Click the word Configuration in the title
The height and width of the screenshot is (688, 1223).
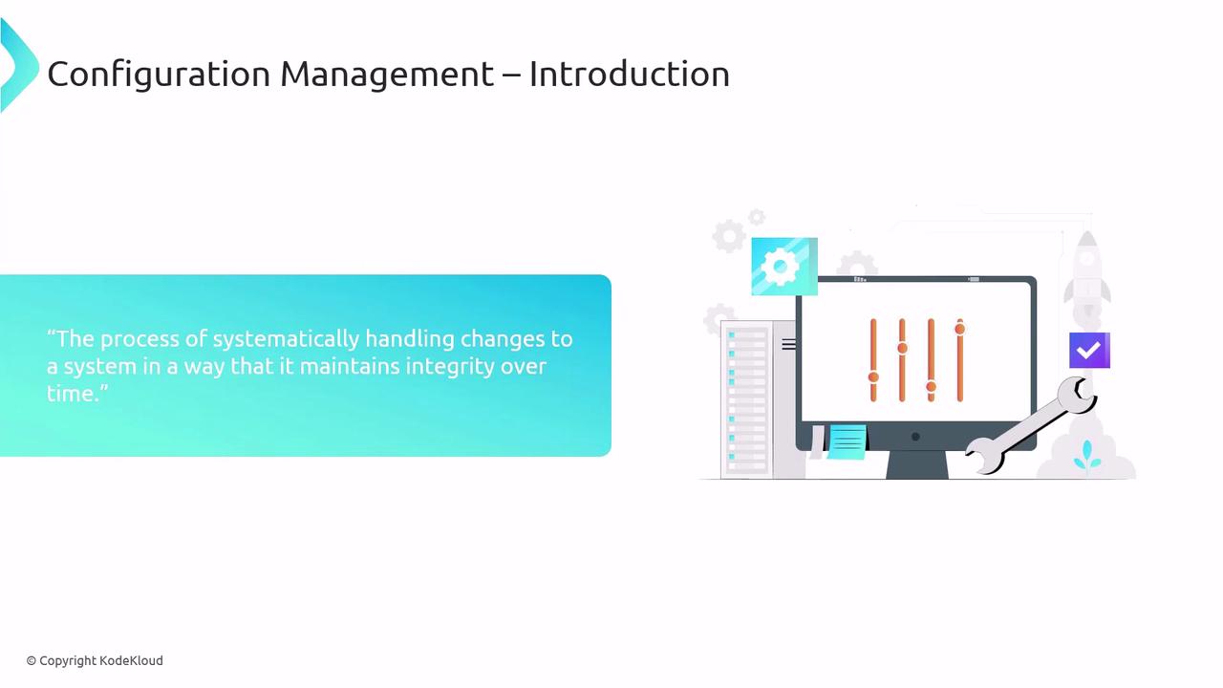point(159,75)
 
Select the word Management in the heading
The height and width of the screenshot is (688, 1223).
point(387,75)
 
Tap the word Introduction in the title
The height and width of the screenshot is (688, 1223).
point(629,74)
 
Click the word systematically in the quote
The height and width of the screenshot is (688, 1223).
point(286,339)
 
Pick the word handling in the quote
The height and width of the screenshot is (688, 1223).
point(410,339)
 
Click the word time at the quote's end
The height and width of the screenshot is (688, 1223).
point(72,393)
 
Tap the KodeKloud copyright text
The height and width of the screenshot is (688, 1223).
point(95,660)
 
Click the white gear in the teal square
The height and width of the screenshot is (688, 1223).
point(780,267)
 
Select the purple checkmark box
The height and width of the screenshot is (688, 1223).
point(1089,350)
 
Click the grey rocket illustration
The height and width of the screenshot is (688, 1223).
point(1087,276)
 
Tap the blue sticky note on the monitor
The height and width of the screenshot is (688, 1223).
point(847,441)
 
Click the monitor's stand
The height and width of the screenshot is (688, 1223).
point(917,464)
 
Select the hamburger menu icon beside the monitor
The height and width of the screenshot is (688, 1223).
point(788,345)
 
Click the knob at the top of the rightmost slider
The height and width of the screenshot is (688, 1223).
point(960,329)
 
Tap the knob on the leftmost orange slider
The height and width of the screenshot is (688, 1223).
point(873,376)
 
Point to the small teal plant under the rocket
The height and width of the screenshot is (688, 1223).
point(1087,456)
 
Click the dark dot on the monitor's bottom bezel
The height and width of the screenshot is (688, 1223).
point(915,437)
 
